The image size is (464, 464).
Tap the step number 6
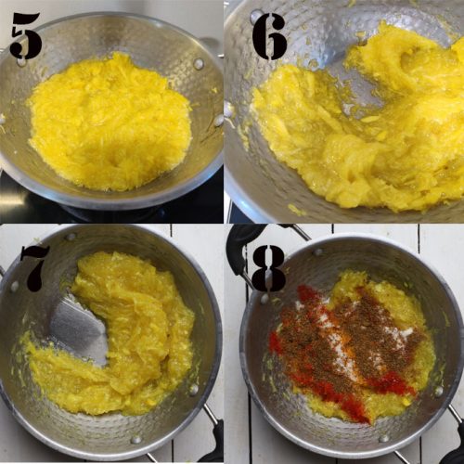(x=268, y=36)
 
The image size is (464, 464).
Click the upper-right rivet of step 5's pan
(x=198, y=64)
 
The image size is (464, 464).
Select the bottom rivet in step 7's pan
(x=136, y=439)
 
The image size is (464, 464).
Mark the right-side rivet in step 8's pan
(x=438, y=391)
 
